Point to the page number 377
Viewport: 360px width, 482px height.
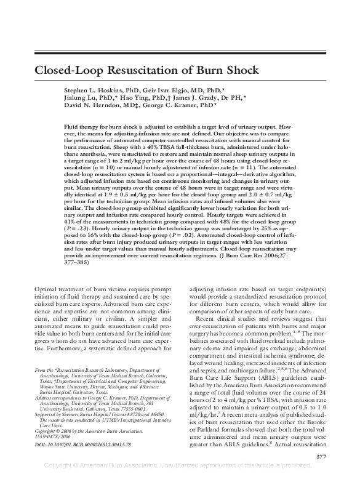pyautogui.click(x=320, y=456)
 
